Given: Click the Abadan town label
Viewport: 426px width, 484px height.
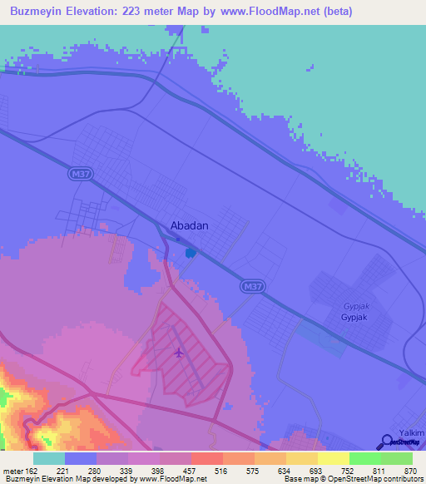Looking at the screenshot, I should click(189, 225).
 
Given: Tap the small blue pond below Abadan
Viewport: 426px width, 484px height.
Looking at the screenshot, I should click(191, 252).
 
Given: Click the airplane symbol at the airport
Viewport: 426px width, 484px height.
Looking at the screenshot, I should click(179, 353).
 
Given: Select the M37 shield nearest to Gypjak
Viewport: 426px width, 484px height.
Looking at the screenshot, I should click(253, 286).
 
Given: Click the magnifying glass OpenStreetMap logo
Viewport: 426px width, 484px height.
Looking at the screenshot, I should click(387, 442).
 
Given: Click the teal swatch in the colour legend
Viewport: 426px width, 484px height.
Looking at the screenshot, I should click(49, 458).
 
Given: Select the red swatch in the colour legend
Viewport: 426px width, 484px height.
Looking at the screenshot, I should click(207, 458).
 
